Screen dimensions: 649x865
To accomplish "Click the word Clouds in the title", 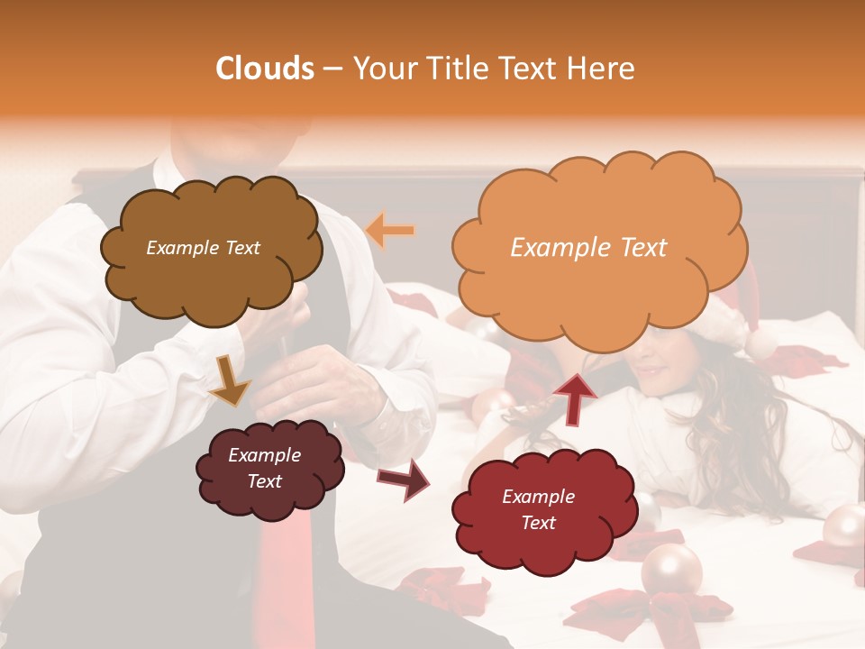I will pos(265,69).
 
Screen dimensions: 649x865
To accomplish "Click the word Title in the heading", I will pos(459,69).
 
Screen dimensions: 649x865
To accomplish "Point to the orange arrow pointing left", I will pos(390,231).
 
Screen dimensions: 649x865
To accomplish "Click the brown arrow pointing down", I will pos(231,379).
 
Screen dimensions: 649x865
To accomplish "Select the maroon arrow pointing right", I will pos(405,479).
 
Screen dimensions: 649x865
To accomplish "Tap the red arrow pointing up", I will pos(575,398).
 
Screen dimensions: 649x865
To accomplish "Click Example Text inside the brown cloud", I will pos(203,248).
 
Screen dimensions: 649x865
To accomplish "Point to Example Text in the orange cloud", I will pos(588,248).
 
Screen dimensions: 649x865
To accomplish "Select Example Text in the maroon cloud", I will pos(264,468).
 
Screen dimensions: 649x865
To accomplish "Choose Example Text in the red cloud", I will pos(538,509).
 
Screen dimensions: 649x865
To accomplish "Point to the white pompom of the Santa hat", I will pos(762,343).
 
